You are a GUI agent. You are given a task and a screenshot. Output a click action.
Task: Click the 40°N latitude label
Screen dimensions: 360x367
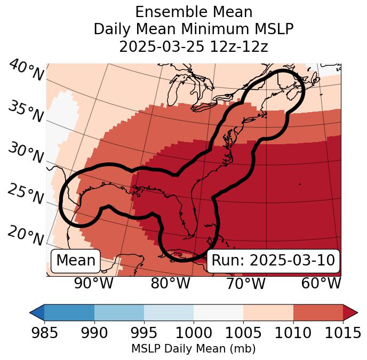click(26, 71)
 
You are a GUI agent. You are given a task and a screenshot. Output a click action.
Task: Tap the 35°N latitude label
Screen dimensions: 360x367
click(25, 112)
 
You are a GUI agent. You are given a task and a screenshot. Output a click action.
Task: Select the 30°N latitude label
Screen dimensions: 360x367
click(25, 153)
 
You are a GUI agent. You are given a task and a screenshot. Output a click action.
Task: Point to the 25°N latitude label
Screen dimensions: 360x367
click(25, 194)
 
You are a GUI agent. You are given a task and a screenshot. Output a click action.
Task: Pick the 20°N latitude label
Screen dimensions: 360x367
click(26, 236)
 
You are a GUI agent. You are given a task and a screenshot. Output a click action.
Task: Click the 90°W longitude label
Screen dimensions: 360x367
click(93, 283)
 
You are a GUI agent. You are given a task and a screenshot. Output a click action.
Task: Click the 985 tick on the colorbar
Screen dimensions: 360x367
click(44, 333)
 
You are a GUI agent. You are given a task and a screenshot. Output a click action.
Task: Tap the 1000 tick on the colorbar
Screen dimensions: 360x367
click(194, 333)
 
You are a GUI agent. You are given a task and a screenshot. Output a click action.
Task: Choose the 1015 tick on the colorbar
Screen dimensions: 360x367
click(343, 333)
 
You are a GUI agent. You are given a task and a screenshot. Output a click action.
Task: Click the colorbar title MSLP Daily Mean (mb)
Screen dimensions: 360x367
click(193, 349)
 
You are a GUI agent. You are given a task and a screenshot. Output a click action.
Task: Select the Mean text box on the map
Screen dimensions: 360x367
click(76, 261)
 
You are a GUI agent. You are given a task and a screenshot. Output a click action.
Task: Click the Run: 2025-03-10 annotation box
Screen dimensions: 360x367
click(273, 261)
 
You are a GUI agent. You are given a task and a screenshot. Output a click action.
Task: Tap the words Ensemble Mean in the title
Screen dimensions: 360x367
click(194, 12)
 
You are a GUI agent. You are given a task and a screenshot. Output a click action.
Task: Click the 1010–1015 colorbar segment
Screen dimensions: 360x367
click(318, 312)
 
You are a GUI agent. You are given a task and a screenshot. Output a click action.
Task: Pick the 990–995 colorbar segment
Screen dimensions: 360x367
click(119, 312)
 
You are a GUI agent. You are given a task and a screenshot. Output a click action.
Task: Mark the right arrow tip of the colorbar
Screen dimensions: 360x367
click(356, 312)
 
